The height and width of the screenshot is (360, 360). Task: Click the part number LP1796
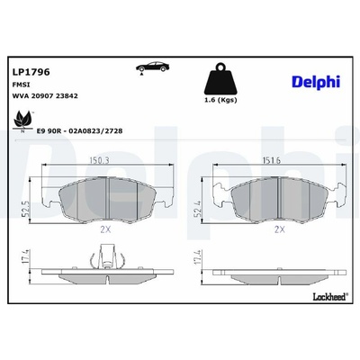click(x=31, y=72)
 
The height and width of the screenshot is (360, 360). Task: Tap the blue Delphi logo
click(x=316, y=82)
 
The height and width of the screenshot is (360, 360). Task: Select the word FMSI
click(x=20, y=85)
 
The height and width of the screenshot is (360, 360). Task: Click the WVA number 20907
click(x=40, y=96)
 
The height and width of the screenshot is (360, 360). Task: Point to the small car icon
click(x=152, y=67)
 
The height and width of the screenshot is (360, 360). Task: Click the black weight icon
click(x=220, y=78)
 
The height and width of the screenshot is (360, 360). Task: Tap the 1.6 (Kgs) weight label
click(x=220, y=100)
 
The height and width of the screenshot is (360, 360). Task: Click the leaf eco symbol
click(x=22, y=121)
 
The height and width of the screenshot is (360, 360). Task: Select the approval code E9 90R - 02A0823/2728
click(x=79, y=131)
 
